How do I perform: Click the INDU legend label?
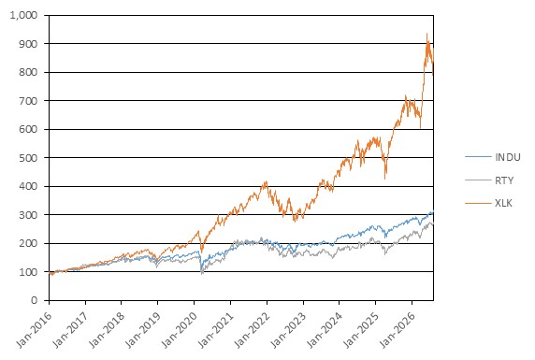pyautogui.click(x=508, y=157)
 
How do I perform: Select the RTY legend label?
pyautogui.click(x=504, y=180)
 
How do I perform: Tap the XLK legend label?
pyautogui.click(x=503, y=203)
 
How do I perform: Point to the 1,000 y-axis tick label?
pyautogui.click(x=23, y=15)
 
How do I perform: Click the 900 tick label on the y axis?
pyautogui.click(x=28, y=44)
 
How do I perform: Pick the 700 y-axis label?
pyautogui.click(x=28, y=101)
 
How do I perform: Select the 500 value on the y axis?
pyautogui.click(x=28, y=158)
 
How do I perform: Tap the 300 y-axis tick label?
pyautogui.click(x=28, y=215)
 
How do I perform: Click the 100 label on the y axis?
pyautogui.click(x=28, y=272)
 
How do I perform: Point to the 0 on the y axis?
pyautogui.click(x=34, y=300)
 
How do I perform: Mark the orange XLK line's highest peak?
pyautogui.click(x=427, y=34)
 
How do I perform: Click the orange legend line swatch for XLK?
pyautogui.click(x=478, y=203)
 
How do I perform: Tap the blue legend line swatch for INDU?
pyautogui.click(x=478, y=157)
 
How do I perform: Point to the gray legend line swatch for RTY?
pyautogui.click(x=478, y=180)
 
